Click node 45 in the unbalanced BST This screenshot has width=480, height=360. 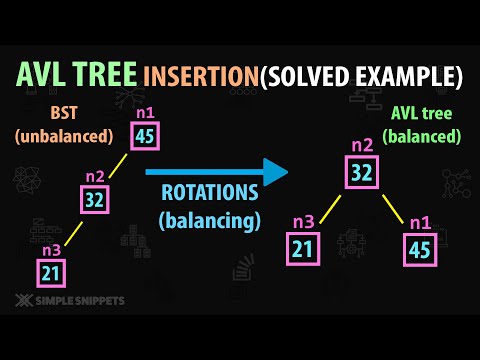pyautogui.click(x=144, y=135)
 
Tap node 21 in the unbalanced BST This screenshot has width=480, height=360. pyautogui.click(x=51, y=271)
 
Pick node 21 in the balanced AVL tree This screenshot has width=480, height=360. pyautogui.click(x=303, y=249)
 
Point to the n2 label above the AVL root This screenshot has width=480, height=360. pyautogui.click(x=361, y=146)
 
